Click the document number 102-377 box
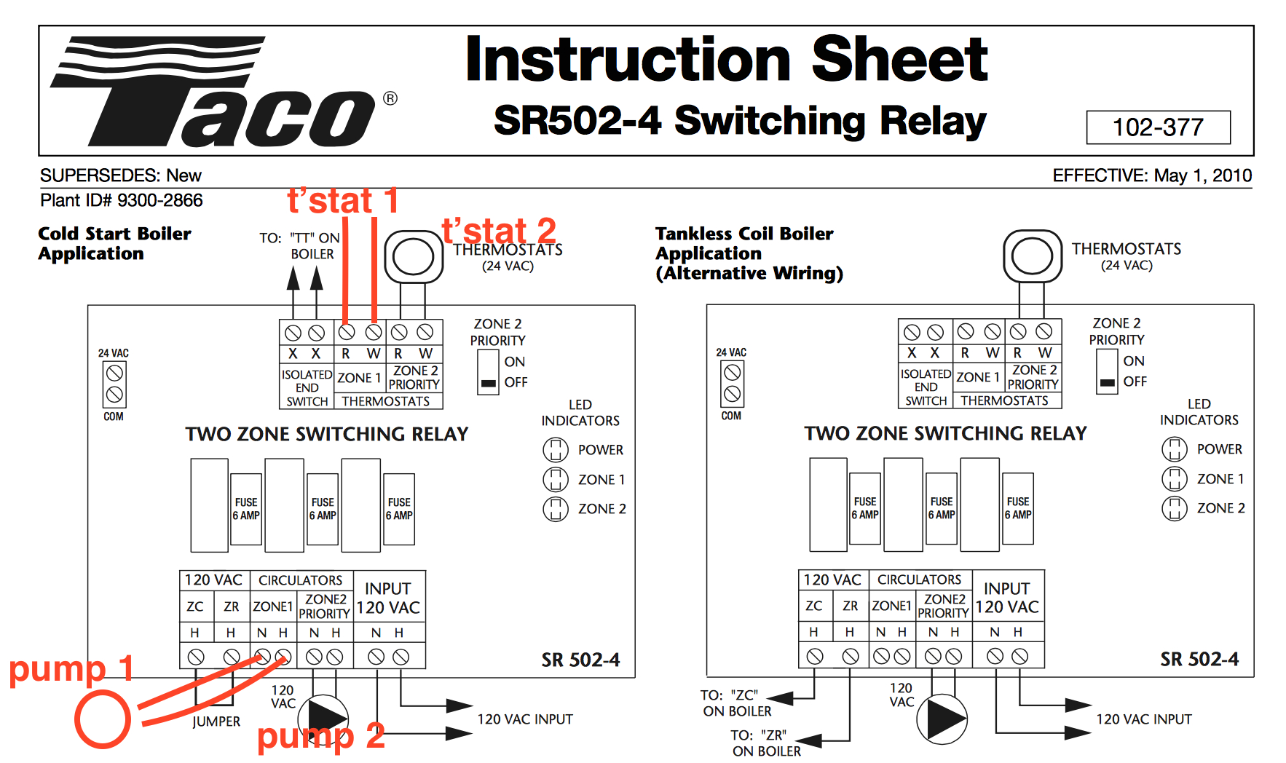coord(1158,127)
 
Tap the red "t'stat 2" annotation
coord(499,232)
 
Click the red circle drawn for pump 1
coord(103,719)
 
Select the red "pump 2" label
coord(320,735)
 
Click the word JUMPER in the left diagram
coord(216,722)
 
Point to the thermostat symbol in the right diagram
coord(1032,256)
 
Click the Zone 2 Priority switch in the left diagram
coord(488,373)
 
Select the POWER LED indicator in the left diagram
coord(556,450)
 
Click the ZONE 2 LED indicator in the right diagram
coord(1174,508)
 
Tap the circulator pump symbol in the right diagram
coord(942,719)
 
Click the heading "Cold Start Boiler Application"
coord(114,243)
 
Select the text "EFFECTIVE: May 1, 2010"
coord(1151,175)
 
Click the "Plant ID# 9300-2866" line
coord(121,200)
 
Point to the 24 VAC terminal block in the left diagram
coord(114,384)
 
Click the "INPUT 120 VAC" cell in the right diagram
coord(1007,598)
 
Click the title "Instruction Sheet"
coord(726,60)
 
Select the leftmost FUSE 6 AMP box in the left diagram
coord(246,509)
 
